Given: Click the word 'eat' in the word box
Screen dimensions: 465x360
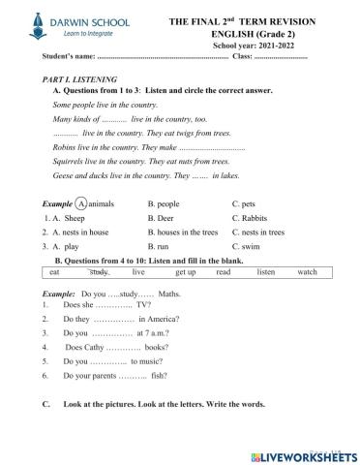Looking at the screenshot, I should coord(54,273).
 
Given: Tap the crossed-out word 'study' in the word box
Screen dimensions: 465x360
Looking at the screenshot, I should coord(99,273).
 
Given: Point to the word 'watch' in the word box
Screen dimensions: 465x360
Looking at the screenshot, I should coord(307,273).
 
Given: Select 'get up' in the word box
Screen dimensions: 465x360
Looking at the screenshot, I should coord(186,273).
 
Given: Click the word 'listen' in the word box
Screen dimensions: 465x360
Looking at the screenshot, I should coord(265,273).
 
